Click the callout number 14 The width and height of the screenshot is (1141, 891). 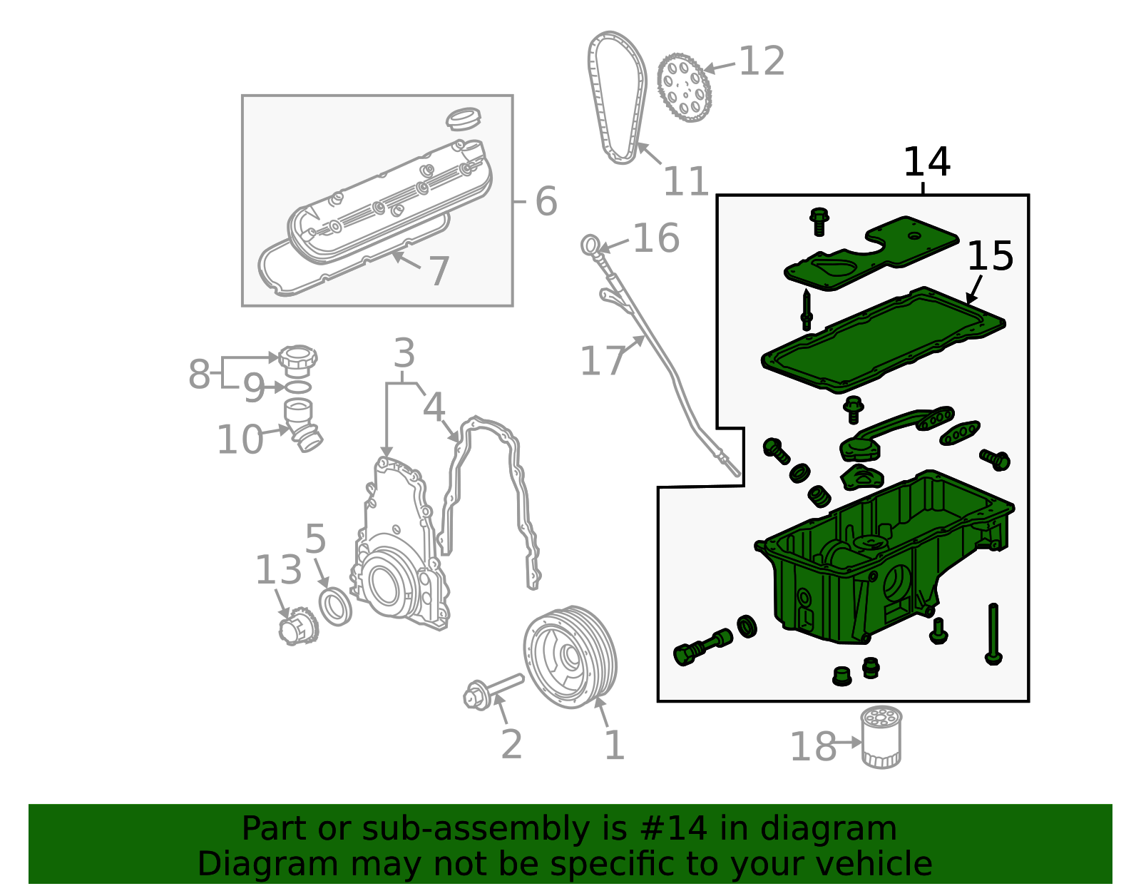pyautogui.click(x=926, y=162)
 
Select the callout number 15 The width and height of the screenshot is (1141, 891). pyautogui.click(x=990, y=256)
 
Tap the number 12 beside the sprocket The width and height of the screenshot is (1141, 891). pyautogui.click(x=762, y=61)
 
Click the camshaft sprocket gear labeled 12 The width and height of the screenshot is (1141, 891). pyautogui.click(x=684, y=87)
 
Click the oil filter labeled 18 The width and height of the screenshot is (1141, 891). pyautogui.click(x=881, y=737)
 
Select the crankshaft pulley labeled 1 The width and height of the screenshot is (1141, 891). pyautogui.click(x=570, y=657)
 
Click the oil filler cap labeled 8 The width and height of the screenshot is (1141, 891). pyautogui.click(x=297, y=360)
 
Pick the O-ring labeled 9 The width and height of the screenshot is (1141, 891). pyautogui.click(x=297, y=387)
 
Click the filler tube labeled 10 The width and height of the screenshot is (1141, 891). pyautogui.click(x=302, y=424)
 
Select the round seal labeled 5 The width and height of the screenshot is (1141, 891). pyautogui.click(x=335, y=608)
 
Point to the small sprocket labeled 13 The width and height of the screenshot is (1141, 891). pyautogui.click(x=297, y=626)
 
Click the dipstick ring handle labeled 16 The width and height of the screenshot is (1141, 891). pyautogui.click(x=590, y=245)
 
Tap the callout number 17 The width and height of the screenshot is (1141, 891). pyautogui.click(x=603, y=361)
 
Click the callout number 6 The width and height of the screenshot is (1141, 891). pyautogui.click(x=546, y=201)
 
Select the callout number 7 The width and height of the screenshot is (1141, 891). pyautogui.click(x=439, y=271)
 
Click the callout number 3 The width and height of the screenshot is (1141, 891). pyautogui.click(x=404, y=353)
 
